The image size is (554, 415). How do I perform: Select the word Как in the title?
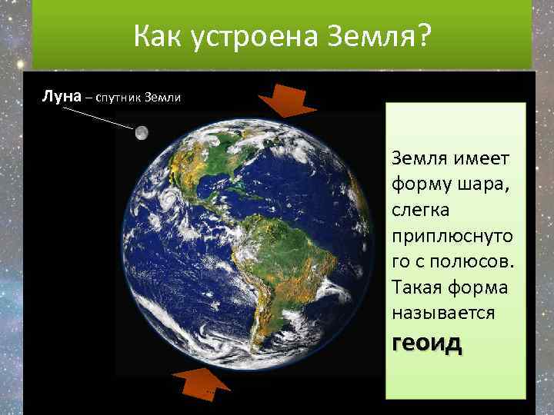click(x=158, y=35)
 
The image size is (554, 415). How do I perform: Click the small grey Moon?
click(x=142, y=133)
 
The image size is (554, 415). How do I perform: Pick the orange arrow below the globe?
click(x=205, y=382)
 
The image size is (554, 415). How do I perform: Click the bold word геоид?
click(x=427, y=342)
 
